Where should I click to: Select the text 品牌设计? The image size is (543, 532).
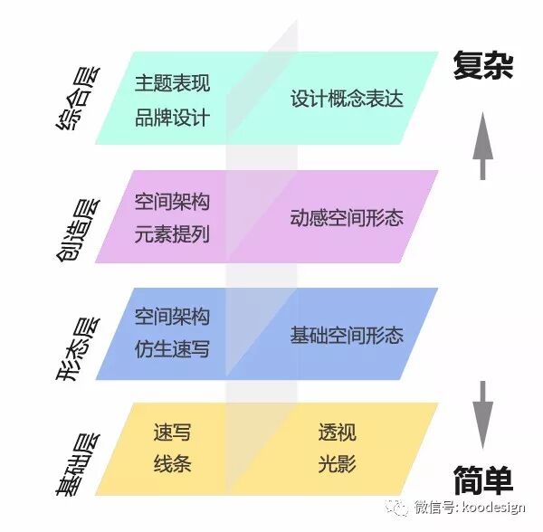172,118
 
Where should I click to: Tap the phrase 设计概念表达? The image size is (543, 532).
347,100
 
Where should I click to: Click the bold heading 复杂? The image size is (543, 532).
482,68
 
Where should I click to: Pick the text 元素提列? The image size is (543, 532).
172,234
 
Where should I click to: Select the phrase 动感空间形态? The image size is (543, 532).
347,218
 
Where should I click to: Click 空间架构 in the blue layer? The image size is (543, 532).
172,317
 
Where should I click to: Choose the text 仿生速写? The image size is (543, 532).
172,349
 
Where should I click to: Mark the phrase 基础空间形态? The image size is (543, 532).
347,335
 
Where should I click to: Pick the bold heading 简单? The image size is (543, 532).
482,480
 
